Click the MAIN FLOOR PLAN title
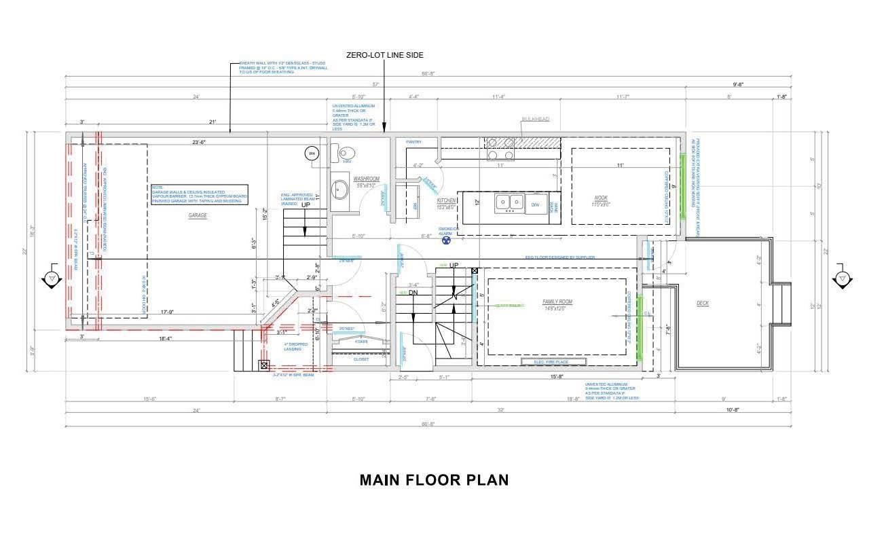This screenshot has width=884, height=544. click(x=434, y=480)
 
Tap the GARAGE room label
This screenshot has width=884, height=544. click(x=198, y=215)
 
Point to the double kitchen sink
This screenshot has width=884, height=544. click(x=509, y=202)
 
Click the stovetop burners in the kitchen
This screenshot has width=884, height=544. click(x=500, y=149)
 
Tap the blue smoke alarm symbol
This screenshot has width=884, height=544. click(x=447, y=240)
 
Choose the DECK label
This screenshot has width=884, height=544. click(x=703, y=304)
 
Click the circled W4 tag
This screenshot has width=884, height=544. click(x=312, y=153)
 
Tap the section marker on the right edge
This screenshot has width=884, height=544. click(x=841, y=278)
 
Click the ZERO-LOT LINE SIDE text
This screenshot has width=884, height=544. click(x=384, y=55)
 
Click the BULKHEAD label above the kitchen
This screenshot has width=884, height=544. click(x=535, y=119)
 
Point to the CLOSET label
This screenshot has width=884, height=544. click(x=361, y=359)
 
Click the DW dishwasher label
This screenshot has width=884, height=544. click(x=535, y=204)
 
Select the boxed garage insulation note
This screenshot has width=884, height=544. click(x=199, y=195)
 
